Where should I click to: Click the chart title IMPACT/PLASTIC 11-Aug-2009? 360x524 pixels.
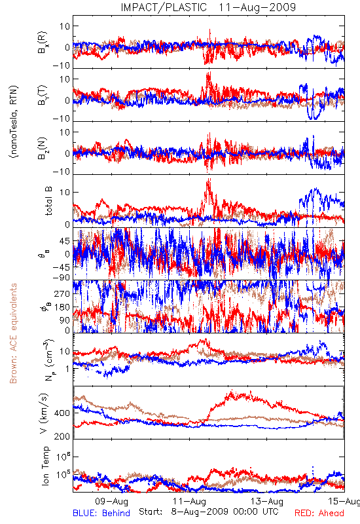[x=208, y=7]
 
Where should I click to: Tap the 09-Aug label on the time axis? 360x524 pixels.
[x=112, y=501]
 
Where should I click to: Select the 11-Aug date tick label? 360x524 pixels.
[x=189, y=501]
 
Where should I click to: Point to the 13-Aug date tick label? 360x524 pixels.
[x=267, y=501]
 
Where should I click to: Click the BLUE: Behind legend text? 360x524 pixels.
[x=101, y=513]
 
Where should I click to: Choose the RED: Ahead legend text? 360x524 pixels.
[x=319, y=513]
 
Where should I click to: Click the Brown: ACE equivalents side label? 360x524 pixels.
[x=13, y=333]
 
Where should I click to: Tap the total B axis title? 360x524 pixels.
[x=48, y=200]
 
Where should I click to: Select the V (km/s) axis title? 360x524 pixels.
[x=44, y=413]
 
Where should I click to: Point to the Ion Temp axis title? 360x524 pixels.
[x=45, y=466]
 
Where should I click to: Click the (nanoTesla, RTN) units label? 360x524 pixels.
[x=13, y=121]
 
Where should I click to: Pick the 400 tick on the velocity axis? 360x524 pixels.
[x=62, y=413]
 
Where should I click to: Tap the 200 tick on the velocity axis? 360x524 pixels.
[x=62, y=436]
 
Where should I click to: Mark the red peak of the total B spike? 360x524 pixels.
[x=209, y=179]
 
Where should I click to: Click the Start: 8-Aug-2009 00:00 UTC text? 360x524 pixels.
[x=208, y=512]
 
